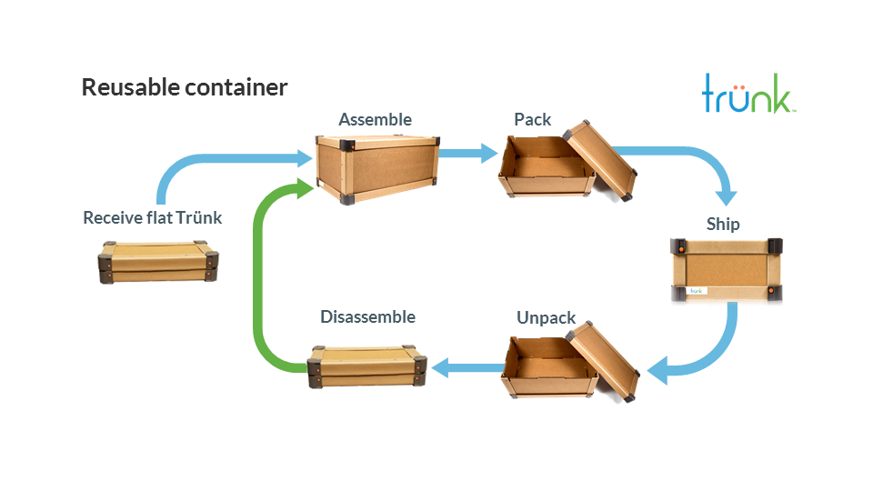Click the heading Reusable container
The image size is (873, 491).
coord(185,88)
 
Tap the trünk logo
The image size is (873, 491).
coord(749,95)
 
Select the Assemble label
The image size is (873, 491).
coord(375,120)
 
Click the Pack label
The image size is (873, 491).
coord(532,120)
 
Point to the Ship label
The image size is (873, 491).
coord(723,224)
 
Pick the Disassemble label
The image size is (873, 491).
coord(367,316)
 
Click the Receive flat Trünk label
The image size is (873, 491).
coord(152,218)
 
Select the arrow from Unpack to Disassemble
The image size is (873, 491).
coord(466,368)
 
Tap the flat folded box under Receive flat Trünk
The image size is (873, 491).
coord(160,261)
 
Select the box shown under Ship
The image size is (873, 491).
coord(726,269)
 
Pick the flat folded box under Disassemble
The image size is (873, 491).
coord(367,367)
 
